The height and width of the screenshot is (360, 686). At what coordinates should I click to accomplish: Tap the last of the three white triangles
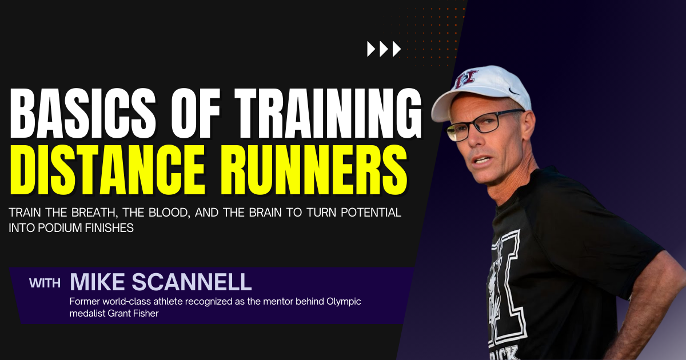pos(397,50)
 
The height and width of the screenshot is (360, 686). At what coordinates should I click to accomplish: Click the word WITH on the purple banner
pos(46,283)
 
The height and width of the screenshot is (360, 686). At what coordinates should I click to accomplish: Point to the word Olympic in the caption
pos(344,301)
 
